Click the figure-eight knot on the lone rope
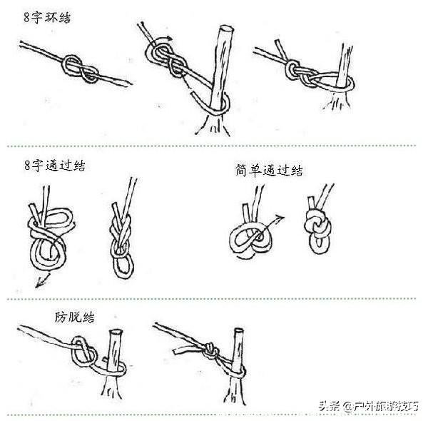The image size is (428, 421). (x=81, y=69)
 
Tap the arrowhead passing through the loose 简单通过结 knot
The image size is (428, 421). (x=282, y=217)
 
